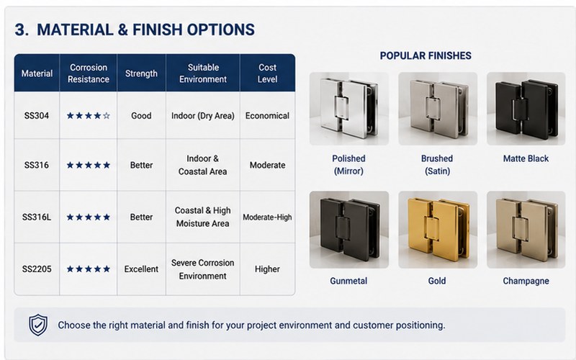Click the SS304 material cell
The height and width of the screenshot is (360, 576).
37,116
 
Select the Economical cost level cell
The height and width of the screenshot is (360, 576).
267,116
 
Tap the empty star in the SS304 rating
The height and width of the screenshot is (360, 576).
107,116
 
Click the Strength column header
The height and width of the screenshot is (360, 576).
141,73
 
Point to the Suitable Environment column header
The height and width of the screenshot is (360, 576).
203,73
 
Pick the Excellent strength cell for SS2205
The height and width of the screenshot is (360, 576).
141,269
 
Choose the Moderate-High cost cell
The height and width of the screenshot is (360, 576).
267,217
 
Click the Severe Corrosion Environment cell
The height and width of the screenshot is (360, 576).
202,269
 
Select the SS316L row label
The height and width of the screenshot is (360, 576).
37,217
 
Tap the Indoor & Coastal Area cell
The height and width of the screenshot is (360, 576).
202,165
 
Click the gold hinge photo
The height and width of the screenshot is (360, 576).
438,230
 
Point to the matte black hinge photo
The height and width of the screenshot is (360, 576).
526,109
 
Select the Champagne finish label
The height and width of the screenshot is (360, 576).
526,281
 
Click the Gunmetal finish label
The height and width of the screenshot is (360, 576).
348,281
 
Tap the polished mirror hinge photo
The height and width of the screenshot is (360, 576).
349,109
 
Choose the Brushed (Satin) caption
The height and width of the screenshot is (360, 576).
437,165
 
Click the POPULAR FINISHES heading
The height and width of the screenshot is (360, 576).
426,55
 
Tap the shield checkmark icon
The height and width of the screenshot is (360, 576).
38,325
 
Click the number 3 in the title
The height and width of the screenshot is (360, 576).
22,30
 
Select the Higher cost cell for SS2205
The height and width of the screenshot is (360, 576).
267,269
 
